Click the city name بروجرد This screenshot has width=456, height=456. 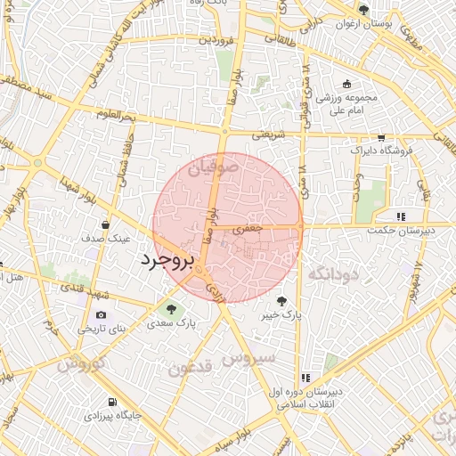tap(167, 262)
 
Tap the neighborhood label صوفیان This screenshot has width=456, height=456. tap(214, 165)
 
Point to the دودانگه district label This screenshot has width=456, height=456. tap(331, 273)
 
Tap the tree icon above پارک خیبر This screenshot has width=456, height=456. tap(282, 301)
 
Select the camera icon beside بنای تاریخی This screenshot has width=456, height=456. tap(101, 314)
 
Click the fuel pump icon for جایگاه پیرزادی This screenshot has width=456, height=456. tap(111, 402)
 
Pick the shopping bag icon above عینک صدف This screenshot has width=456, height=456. tap(106, 224)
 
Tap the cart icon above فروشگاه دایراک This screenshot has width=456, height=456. tap(381, 137)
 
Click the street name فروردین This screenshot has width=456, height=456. tap(216, 39)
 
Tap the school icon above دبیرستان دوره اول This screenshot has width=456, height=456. tap(307, 378)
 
